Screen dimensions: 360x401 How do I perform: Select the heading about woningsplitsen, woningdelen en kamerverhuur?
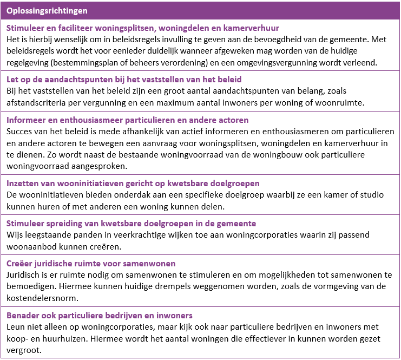tap(143, 28)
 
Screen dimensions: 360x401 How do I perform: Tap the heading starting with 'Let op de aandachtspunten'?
tap(124, 80)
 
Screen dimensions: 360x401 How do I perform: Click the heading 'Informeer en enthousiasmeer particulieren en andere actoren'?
tap(128, 120)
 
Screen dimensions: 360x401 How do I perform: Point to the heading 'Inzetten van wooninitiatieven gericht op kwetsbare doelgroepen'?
tap(133, 183)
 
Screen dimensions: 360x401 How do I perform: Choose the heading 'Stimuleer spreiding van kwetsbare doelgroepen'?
tap(131, 223)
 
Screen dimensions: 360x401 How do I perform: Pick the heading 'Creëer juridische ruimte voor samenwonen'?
tap(91, 264)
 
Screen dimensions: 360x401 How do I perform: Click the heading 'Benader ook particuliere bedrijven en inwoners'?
tap(100, 315)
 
